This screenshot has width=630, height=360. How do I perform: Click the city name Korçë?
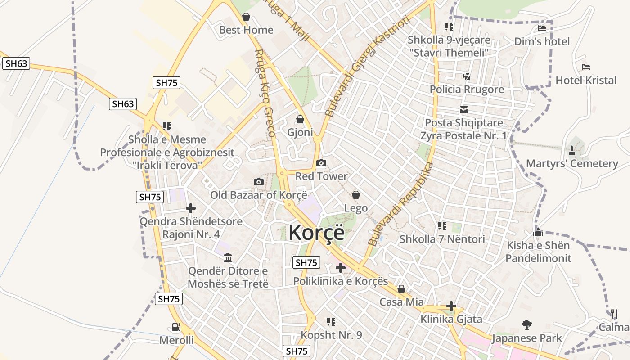click(x=316, y=233)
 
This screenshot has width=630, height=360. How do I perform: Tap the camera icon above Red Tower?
click(x=321, y=163)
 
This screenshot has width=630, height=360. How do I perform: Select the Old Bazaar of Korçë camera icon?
click(x=259, y=182)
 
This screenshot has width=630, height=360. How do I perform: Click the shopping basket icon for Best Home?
click(x=246, y=17)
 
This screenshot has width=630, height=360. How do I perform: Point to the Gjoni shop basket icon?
click(x=300, y=119)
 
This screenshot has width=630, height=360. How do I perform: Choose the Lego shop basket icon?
click(x=356, y=194)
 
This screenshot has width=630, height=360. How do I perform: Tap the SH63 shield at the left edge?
click(x=16, y=63)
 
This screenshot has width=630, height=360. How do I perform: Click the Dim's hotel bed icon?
click(x=542, y=28)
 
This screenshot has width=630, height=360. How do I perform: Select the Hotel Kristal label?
click(x=586, y=81)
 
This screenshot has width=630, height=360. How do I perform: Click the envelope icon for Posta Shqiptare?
click(x=464, y=110)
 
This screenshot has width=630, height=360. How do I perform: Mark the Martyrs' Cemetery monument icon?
click(x=572, y=150)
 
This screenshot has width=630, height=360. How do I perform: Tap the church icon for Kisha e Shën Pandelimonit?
click(x=538, y=233)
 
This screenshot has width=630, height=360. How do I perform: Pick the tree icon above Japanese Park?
click(x=527, y=324)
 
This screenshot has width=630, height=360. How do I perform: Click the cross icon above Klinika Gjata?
click(x=451, y=306)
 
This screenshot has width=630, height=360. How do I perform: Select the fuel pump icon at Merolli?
click(x=176, y=327)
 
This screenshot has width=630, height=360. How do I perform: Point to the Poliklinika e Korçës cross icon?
click(x=341, y=268)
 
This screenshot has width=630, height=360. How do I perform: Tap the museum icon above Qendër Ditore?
click(x=228, y=258)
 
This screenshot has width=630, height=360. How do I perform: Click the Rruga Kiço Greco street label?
click(x=265, y=93)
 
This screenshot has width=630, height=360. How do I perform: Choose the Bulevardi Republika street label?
click(x=400, y=205)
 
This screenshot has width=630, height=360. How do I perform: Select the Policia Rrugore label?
click(x=467, y=89)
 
